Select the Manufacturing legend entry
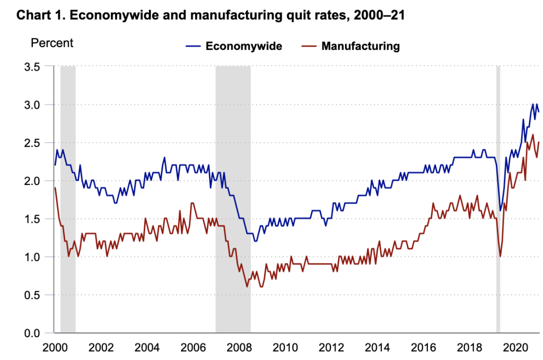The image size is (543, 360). pyautogui.click(x=361, y=46)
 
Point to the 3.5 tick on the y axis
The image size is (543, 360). pyautogui.click(x=31, y=67)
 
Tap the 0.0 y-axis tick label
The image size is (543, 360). pyautogui.click(x=31, y=333)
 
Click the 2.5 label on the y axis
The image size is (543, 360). pyautogui.click(x=31, y=143)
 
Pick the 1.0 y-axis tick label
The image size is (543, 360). pyautogui.click(x=31, y=257)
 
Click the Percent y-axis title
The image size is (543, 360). pyautogui.click(x=52, y=43)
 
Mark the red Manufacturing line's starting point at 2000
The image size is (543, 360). pyautogui.click(x=55, y=188)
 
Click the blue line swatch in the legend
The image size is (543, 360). pyautogui.click(x=193, y=46)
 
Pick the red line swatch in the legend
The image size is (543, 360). pyautogui.click(x=309, y=46)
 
